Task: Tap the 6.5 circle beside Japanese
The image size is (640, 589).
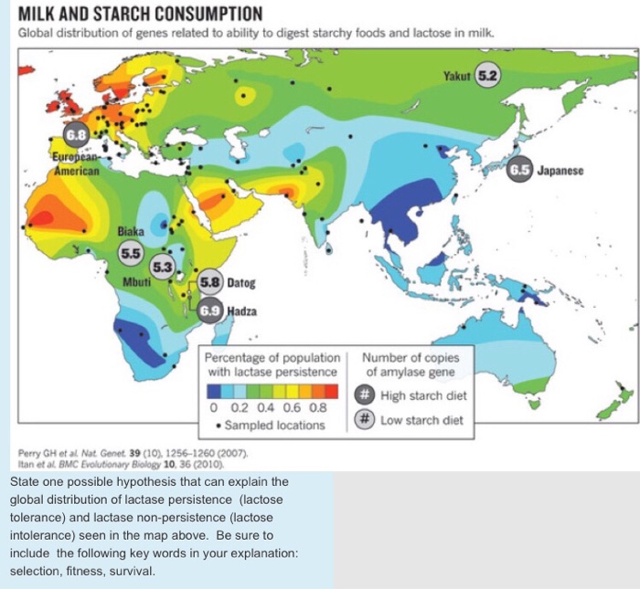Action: (520, 170)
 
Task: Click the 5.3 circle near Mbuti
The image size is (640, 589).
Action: (161, 267)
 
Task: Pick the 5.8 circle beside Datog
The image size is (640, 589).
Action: (211, 283)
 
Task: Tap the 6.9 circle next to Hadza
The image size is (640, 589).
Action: (210, 310)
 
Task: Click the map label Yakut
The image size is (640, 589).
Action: (457, 75)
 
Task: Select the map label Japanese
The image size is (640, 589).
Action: (560, 170)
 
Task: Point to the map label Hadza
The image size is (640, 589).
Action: (242, 310)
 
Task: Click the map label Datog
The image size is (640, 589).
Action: (241, 283)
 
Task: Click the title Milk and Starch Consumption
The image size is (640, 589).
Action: (140, 15)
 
